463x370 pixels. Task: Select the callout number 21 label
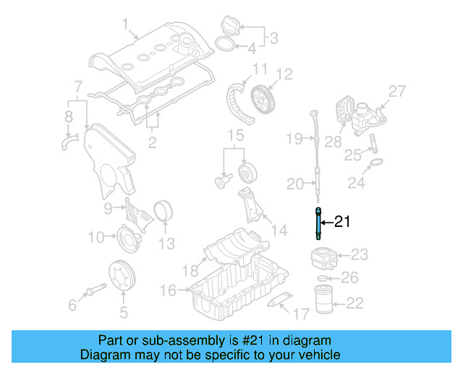click(342, 223)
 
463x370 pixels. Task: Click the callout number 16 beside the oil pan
click(168, 290)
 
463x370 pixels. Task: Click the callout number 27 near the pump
click(397, 91)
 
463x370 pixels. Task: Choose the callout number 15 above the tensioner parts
click(232, 135)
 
